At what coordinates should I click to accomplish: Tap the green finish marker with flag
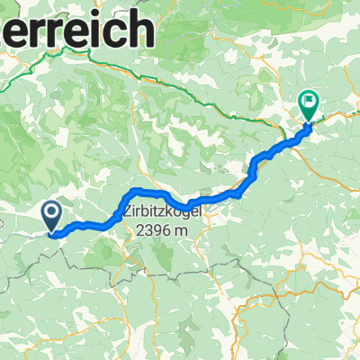point(309,107)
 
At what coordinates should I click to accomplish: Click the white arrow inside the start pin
point(50,212)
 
